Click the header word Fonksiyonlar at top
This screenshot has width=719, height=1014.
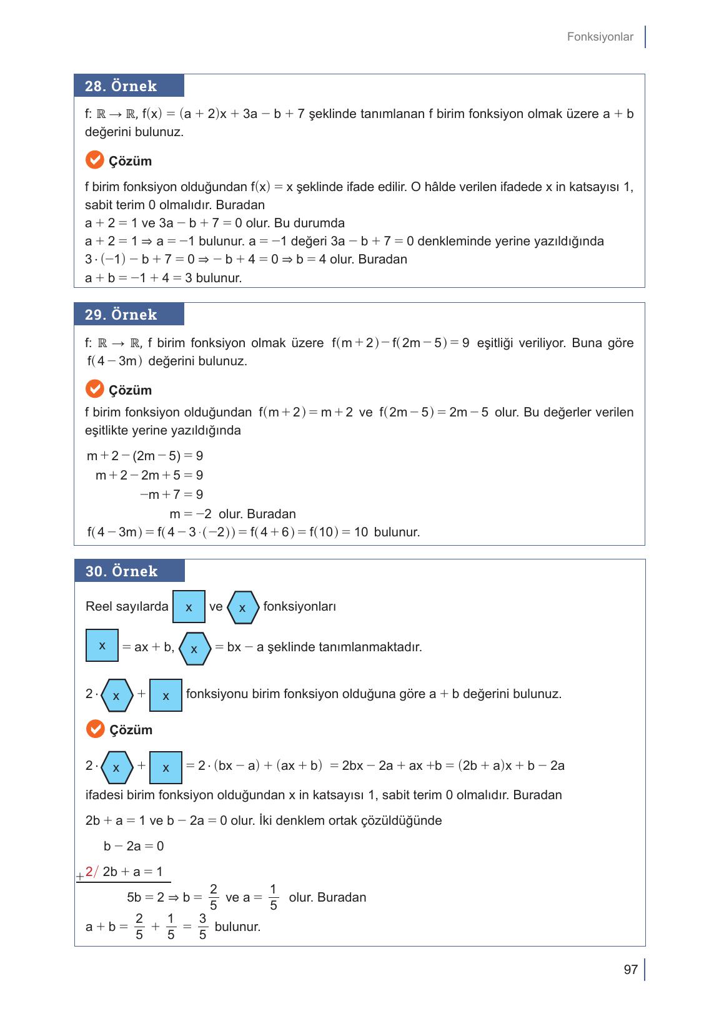(600, 37)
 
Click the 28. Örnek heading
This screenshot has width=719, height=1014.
(121, 86)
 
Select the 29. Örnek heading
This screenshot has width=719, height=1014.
(121, 315)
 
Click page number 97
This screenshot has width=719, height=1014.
(630, 970)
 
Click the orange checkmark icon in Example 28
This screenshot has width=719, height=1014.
(94, 160)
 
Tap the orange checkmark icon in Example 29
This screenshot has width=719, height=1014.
(94, 390)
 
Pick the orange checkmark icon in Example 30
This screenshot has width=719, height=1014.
(95, 729)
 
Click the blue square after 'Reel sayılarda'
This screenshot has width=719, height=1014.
(189, 607)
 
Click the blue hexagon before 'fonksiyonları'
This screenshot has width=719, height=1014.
(242, 608)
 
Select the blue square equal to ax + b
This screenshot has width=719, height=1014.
(102, 646)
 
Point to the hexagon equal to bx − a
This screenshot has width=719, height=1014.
(194, 649)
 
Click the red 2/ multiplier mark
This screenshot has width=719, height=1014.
(91, 872)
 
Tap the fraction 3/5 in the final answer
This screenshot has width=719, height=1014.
(202, 927)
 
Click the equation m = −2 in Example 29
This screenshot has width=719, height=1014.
(191, 514)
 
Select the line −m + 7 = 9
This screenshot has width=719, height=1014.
(171, 495)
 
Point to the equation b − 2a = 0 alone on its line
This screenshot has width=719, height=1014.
(134, 846)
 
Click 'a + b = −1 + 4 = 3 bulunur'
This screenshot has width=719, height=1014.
(163, 278)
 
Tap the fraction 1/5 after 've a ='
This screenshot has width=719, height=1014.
(273, 897)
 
